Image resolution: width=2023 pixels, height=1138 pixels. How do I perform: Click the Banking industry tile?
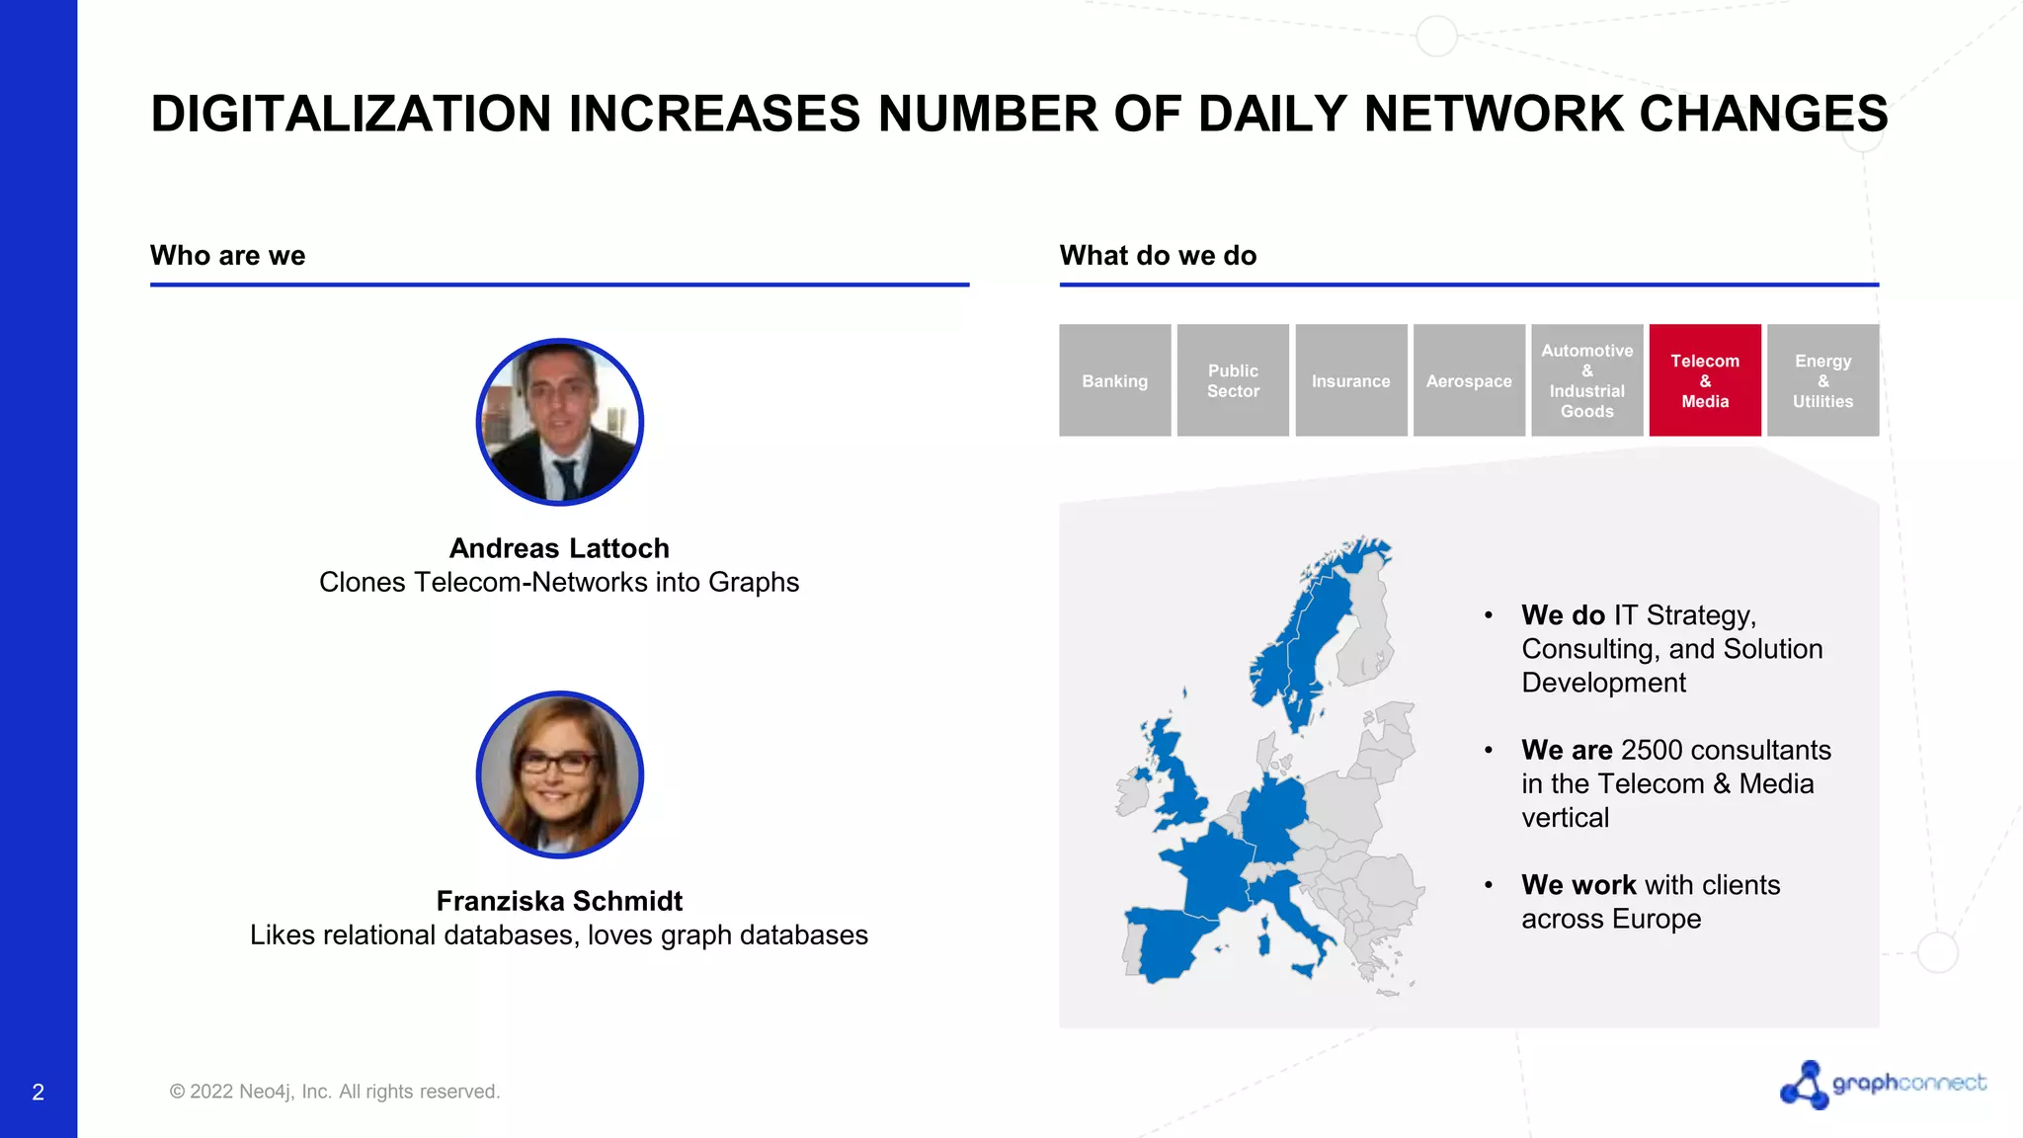(x=1114, y=380)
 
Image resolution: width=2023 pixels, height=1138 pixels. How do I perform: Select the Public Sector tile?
(x=1233, y=380)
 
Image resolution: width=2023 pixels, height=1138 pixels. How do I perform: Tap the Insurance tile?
(x=1350, y=380)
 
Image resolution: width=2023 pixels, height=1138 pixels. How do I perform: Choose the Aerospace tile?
(x=1469, y=380)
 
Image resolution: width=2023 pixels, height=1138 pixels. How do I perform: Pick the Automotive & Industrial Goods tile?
(x=1586, y=380)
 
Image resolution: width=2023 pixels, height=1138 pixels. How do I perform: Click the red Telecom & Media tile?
(x=1705, y=380)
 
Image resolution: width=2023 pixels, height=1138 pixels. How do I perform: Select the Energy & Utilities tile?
(x=1822, y=380)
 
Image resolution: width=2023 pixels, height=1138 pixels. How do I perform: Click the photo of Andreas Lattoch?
(x=559, y=422)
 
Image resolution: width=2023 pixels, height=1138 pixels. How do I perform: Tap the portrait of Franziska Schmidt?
(x=559, y=774)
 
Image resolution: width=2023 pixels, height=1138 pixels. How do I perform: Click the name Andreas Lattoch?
(x=559, y=548)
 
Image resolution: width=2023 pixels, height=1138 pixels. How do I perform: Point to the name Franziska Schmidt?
(x=559, y=901)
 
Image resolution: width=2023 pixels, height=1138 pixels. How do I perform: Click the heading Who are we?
(x=227, y=256)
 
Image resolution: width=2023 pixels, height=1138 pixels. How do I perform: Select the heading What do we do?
(x=1158, y=256)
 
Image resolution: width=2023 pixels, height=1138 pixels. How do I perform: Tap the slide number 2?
(x=38, y=1092)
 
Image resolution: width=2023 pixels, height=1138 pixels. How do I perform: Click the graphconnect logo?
(x=1882, y=1084)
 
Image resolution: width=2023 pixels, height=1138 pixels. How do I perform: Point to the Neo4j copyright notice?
(x=335, y=1092)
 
